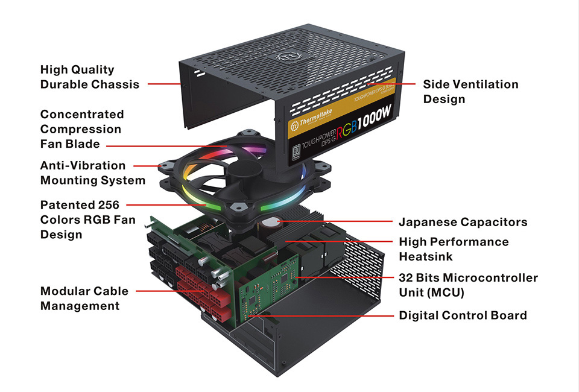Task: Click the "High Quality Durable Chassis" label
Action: (x=89, y=77)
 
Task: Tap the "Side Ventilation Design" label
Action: (x=470, y=92)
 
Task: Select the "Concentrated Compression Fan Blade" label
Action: (x=81, y=129)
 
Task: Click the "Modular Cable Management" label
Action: (x=84, y=299)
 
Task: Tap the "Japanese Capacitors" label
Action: (x=463, y=222)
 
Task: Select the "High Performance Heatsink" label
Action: (x=454, y=249)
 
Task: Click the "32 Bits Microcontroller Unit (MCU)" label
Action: (x=468, y=285)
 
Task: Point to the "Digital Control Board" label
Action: (x=463, y=315)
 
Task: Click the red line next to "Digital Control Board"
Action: (x=322, y=315)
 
